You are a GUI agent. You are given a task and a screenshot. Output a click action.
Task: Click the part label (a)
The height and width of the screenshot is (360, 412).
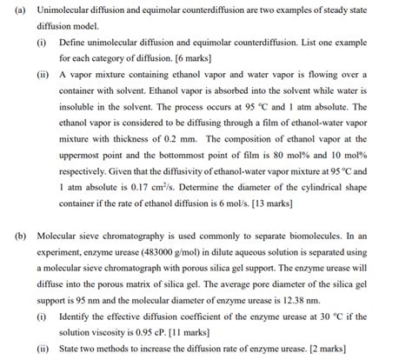[11, 10]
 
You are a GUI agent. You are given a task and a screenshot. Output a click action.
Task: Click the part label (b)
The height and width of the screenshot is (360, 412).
[11, 236]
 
